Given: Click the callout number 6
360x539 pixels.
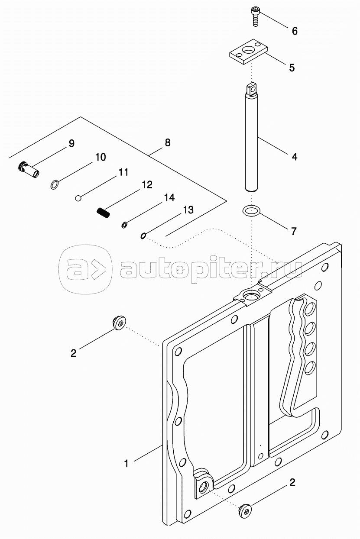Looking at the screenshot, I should click(295, 31).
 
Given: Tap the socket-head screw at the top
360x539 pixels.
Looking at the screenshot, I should click(254, 16).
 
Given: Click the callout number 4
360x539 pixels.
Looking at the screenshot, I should click(295, 157).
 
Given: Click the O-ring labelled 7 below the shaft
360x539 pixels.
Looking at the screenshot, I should click(252, 211).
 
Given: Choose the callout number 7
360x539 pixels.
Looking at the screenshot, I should click(294, 231).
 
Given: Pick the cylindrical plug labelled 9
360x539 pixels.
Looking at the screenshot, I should click(29, 169).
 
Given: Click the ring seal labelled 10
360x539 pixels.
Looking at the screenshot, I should click(54, 185).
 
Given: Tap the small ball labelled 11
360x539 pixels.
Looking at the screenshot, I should click(78, 198).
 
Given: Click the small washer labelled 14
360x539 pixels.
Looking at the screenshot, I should click(124, 224).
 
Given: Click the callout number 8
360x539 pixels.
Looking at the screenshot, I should click(168, 142).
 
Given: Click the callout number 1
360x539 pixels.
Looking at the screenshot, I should click(126, 464).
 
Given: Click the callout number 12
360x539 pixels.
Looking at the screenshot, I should click(146, 185).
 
